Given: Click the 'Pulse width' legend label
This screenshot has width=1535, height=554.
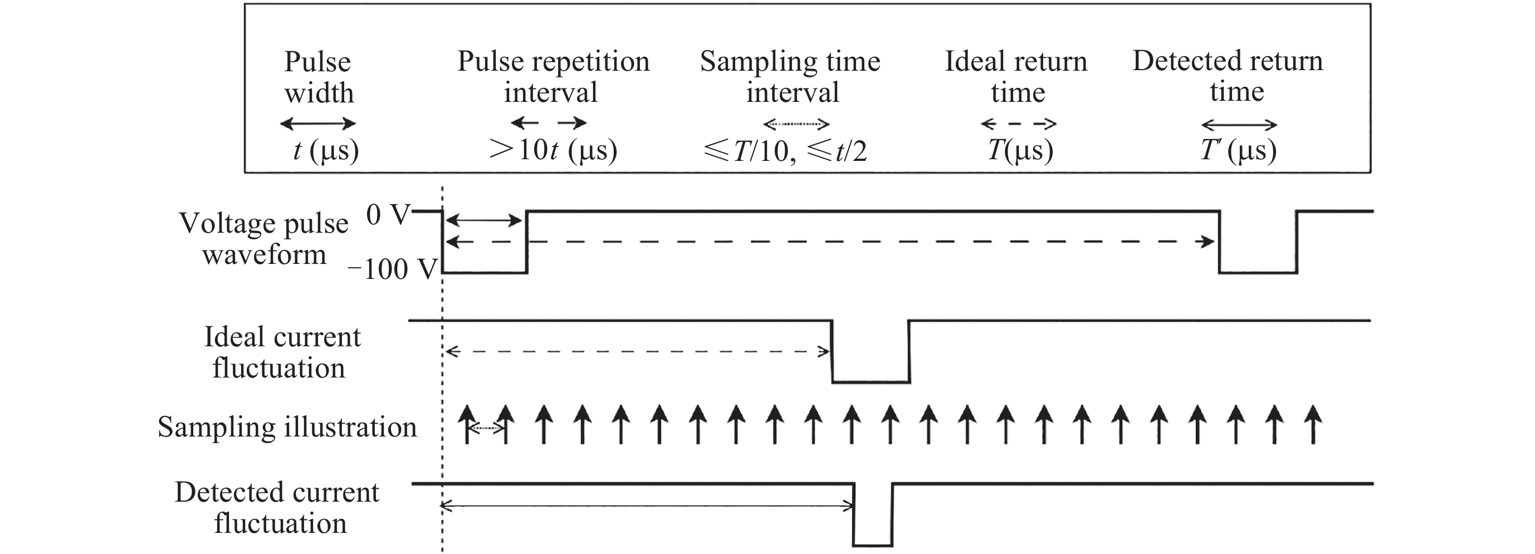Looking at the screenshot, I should tap(318, 77).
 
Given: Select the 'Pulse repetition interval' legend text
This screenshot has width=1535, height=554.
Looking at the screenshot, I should tap(553, 76).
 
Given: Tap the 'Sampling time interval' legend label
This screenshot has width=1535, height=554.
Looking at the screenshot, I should tap(790, 76).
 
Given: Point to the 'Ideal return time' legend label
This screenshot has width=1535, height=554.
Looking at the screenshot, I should tap(1016, 76).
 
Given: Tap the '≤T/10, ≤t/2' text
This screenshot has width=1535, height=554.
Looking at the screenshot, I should tap(785, 151).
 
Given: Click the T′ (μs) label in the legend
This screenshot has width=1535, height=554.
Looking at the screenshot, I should tap(1238, 150).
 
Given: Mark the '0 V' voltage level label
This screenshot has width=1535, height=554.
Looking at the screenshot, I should tap(388, 214).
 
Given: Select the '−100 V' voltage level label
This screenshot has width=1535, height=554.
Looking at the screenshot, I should tap(393, 269).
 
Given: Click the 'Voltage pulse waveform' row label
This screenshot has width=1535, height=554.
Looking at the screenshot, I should tap(263, 239).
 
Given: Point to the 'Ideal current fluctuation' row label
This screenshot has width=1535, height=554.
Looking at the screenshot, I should tap(281, 352).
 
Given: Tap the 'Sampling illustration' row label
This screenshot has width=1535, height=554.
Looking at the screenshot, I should tap(287, 427).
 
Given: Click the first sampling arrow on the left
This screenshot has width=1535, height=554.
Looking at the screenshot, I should tap(468, 424).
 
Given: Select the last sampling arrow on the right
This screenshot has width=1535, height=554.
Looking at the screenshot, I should tap(1313, 424).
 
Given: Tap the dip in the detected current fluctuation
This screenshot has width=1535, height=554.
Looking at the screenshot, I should tap(872, 530).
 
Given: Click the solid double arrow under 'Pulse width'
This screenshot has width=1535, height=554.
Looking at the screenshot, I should tap(317, 124).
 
